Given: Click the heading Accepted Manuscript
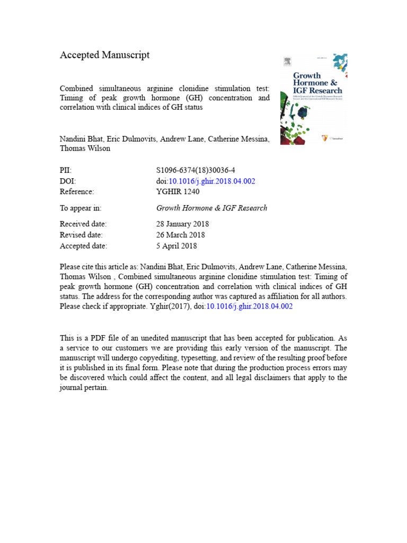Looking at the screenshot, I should coord(104,55).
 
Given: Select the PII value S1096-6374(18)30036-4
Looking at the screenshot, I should coord(196,170).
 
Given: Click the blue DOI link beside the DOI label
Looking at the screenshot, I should coord(212,181).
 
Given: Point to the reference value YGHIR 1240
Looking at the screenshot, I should coord(178,192).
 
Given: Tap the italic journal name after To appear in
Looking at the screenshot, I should coord(211,208).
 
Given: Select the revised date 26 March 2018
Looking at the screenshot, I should coord(180,235).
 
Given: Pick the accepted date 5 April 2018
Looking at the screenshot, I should coord(176,246).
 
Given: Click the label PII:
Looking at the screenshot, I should coord(65,170).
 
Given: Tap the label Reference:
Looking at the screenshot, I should coord(77,192).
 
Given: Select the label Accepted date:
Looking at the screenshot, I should coord(83,246).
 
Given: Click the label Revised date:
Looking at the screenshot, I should coord(81,235).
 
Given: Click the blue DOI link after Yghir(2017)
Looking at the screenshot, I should coord(249,306).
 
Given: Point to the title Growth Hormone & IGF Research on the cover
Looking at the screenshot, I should coord(317,83).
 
